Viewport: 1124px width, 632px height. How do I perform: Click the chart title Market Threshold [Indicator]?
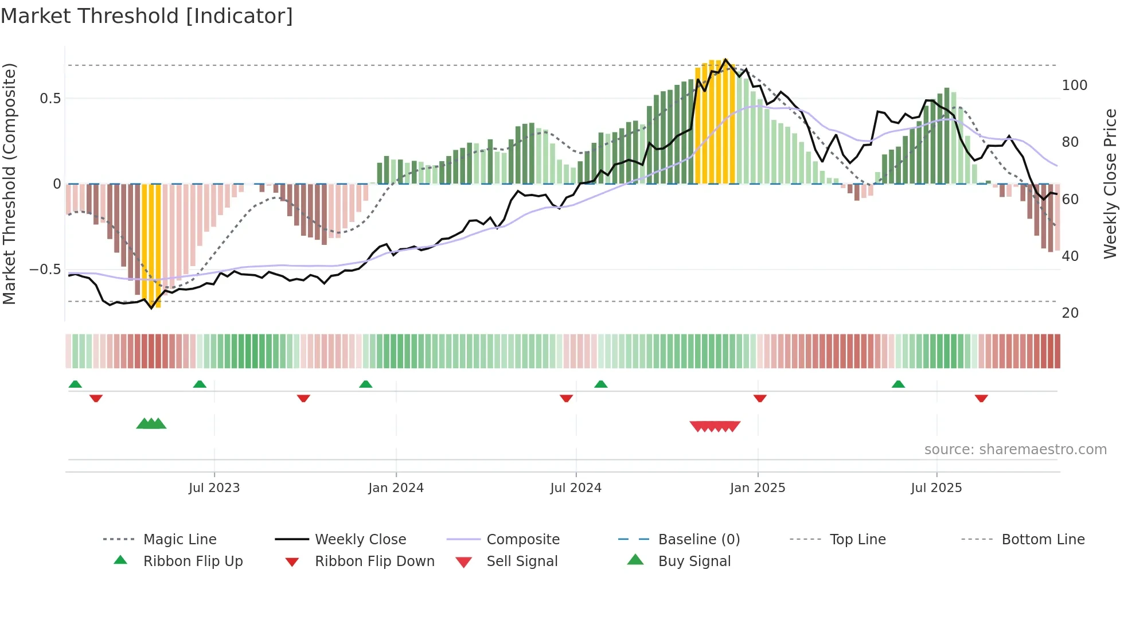click(147, 16)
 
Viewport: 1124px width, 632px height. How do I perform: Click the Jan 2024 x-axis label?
click(396, 488)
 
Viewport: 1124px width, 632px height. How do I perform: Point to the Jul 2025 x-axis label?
click(936, 488)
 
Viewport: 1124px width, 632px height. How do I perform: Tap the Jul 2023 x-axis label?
click(214, 488)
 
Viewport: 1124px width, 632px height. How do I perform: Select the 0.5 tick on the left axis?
click(50, 99)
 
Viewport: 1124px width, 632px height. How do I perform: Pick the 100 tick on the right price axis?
click(1074, 85)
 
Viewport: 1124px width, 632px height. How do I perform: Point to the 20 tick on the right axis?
click(1070, 313)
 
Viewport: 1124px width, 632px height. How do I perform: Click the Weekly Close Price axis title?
click(1110, 184)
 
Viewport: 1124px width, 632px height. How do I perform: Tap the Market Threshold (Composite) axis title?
click(9, 184)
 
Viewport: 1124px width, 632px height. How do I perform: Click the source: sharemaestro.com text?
click(1015, 450)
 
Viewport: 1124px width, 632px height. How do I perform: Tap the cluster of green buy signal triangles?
click(151, 424)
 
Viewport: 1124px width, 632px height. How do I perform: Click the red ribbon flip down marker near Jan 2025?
click(760, 398)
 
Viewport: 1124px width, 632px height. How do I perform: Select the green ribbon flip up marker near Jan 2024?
click(365, 384)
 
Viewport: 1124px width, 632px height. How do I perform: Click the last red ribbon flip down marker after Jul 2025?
click(981, 398)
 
